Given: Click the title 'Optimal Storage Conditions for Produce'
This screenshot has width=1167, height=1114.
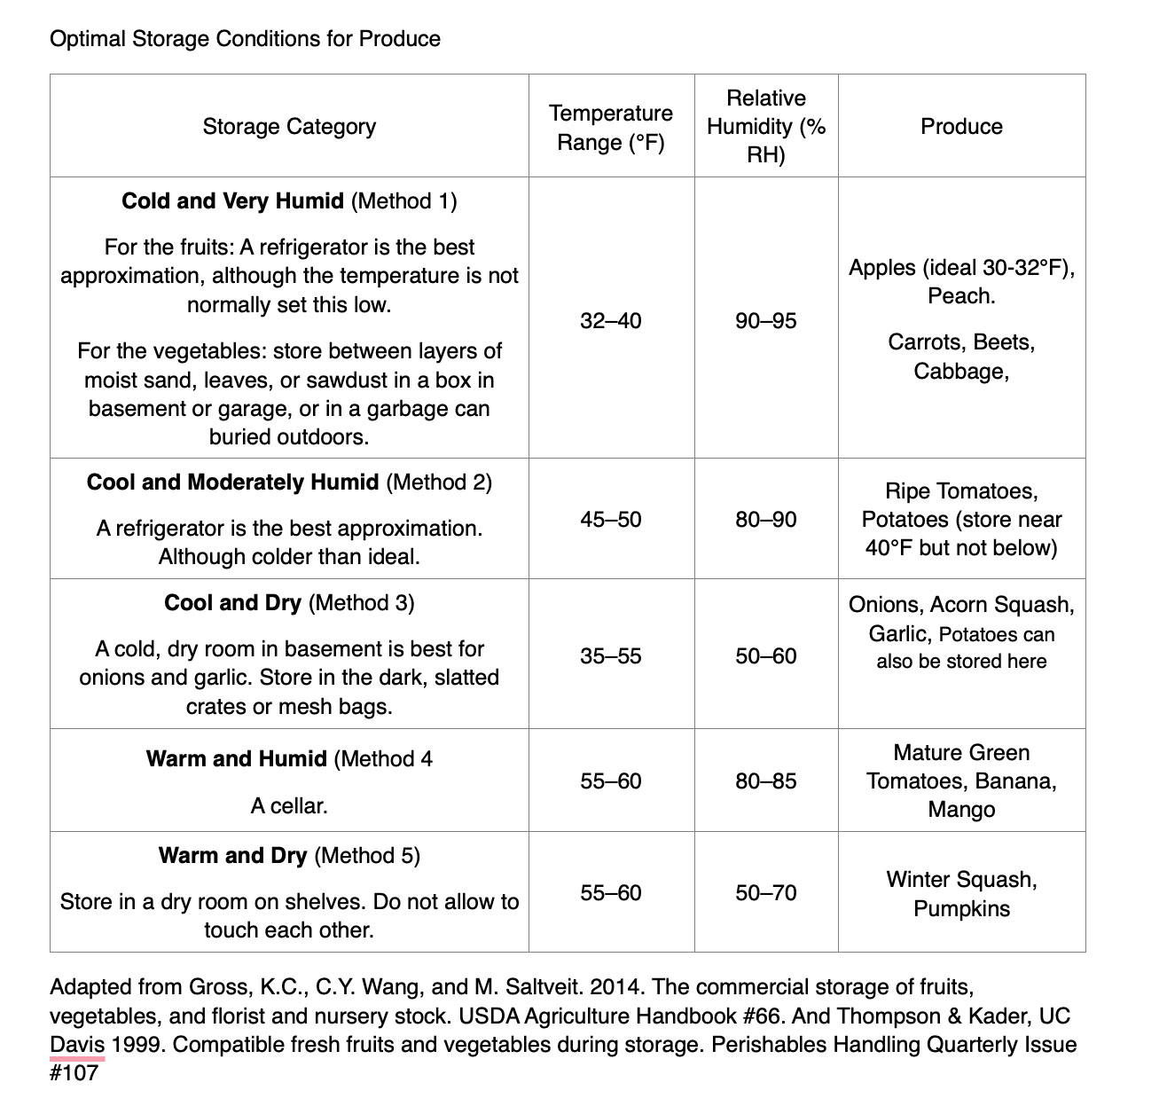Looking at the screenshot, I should [x=245, y=39].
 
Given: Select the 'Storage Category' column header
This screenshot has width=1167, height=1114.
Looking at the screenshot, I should [x=289, y=127].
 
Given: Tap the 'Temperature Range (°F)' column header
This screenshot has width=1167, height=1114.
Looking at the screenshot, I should [x=611, y=128].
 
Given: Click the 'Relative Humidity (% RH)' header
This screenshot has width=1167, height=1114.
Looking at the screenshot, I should [x=766, y=127].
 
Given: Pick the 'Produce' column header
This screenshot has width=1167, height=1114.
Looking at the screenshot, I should [x=961, y=127].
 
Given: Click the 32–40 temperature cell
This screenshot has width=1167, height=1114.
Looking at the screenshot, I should [x=611, y=320].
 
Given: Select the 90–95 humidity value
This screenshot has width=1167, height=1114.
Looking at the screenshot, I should [x=766, y=320].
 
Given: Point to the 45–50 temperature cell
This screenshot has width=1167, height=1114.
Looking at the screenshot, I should [x=611, y=519].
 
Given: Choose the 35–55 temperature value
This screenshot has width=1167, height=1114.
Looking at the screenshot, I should [x=611, y=655].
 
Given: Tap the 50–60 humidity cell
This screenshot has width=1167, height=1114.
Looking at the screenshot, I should [x=766, y=655].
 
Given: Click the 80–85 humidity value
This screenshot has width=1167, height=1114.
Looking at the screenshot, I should [x=766, y=781].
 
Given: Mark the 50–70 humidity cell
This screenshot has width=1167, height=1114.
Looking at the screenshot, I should [x=766, y=892].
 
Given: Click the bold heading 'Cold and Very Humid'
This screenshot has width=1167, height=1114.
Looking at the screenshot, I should [x=232, y=201].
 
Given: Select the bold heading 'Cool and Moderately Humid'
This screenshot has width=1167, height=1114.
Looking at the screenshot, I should [x=232, y=482].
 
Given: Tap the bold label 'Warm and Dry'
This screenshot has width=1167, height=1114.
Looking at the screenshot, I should [x=232, y=856].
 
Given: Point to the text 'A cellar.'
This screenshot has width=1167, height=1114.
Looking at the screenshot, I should [x=289, y=806].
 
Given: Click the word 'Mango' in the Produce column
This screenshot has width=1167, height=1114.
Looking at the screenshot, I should [x=961, y=810].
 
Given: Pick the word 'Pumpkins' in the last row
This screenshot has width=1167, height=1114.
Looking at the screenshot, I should [x=961, y=909].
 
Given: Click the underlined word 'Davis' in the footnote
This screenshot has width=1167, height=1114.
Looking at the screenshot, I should [x=77, y=1045].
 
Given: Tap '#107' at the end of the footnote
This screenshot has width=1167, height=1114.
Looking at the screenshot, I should [x=74, y=1073].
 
